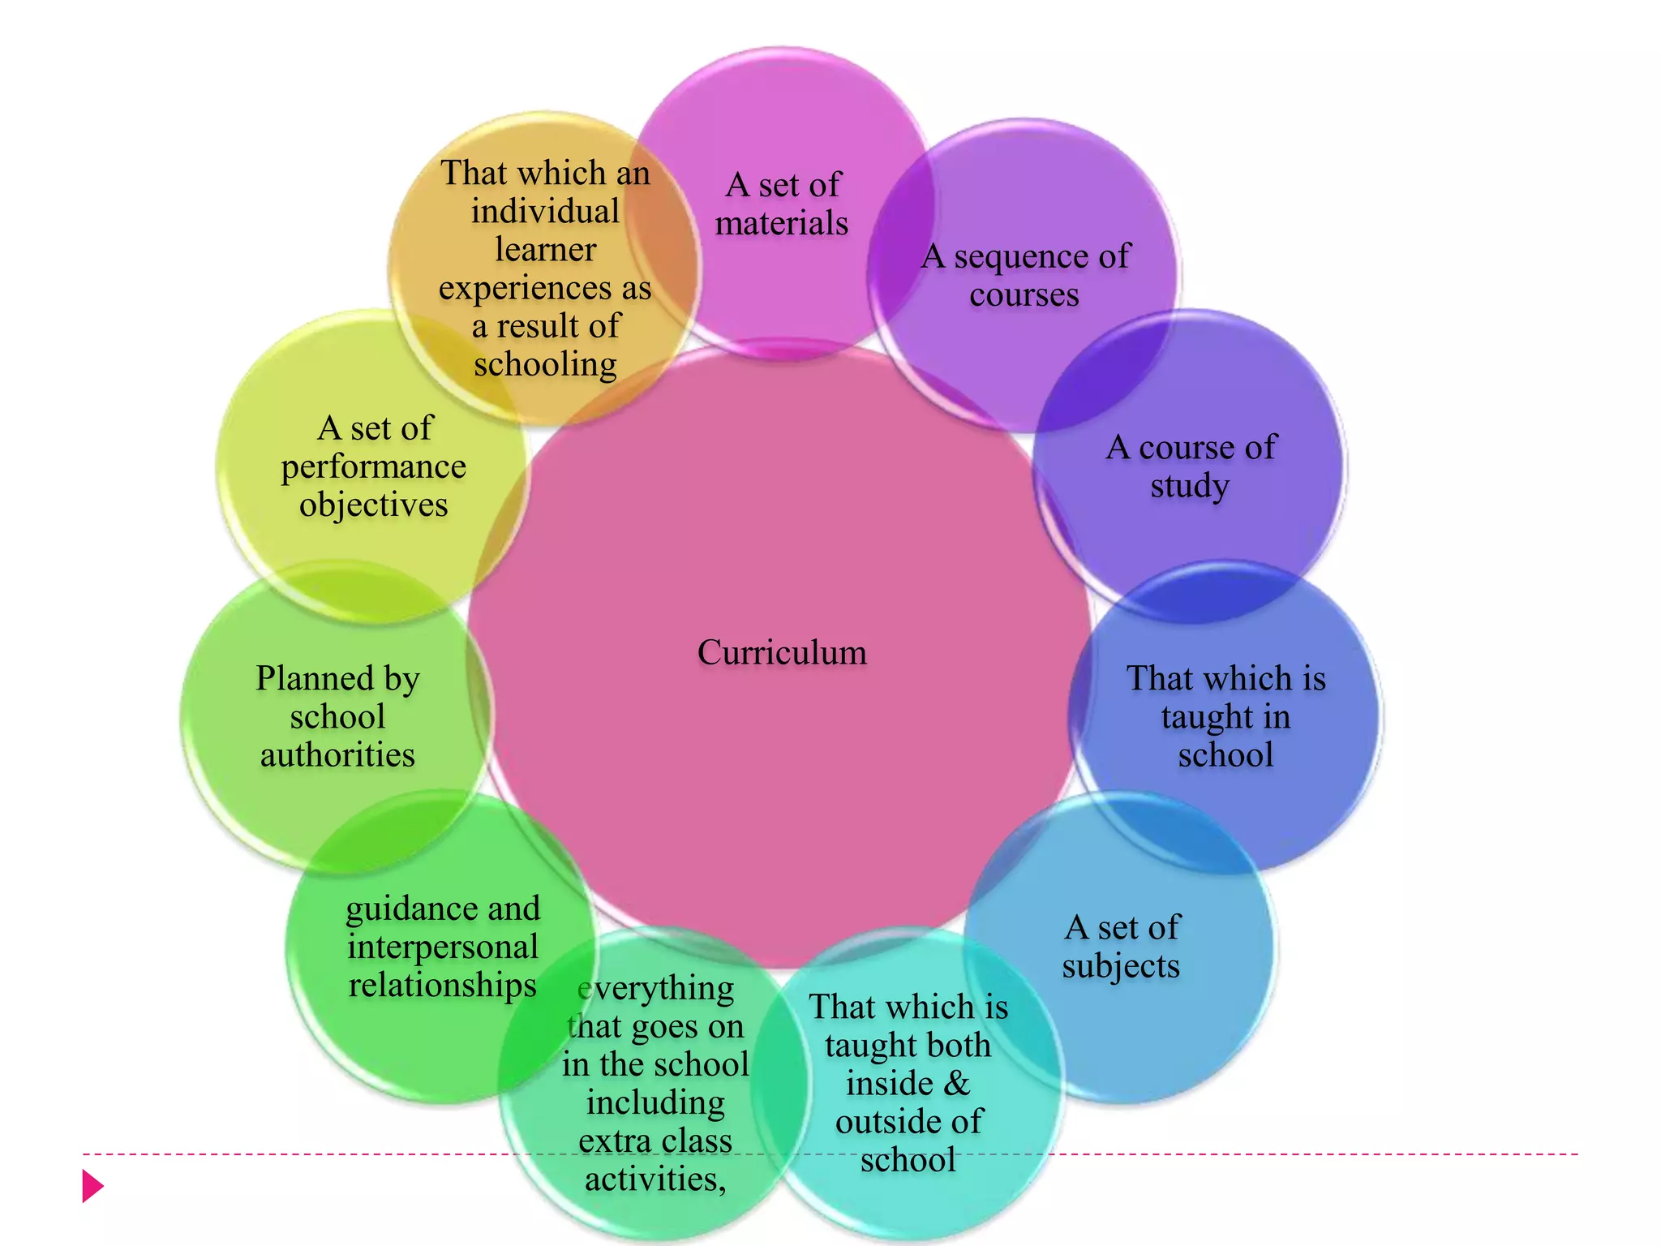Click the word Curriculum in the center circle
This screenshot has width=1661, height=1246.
[x=782, y=652]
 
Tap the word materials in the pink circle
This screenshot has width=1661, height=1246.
[x=782, y=223]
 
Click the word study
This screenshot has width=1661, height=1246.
[x=1190, y=486]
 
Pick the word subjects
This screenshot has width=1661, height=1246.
[x=1121, y=965]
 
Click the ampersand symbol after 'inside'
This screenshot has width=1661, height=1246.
[x=958, y=1083]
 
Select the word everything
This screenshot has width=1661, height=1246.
[x=655, y=988]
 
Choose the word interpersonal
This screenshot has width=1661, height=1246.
[x=443, y=947]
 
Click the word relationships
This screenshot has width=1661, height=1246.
[x=443, y=985]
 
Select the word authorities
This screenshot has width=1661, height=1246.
[x=337, y=754]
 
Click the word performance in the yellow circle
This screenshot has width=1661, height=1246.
[x=373, y=466]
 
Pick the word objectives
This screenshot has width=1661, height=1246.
[x=373, y=505]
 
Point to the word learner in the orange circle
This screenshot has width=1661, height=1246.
[x=545, y=249]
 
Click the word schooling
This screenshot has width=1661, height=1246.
[x=545, y=364]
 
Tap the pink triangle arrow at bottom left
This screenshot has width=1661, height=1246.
[x=92, y=1186]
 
